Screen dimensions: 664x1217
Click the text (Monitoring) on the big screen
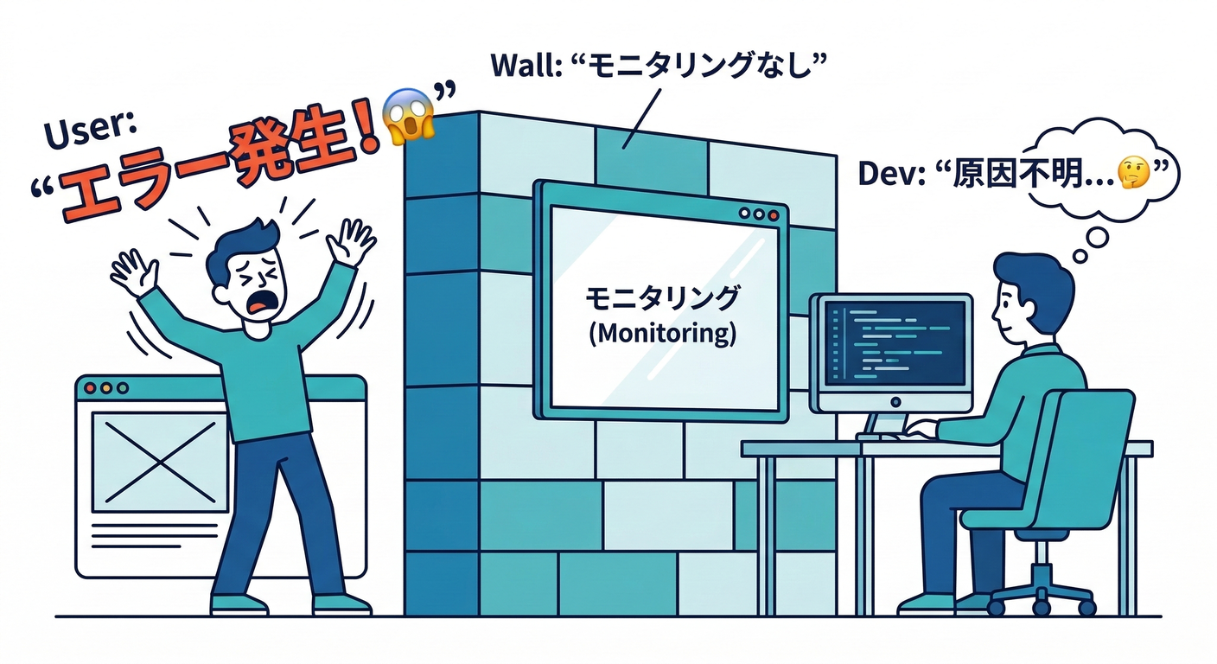(x=662, y=334)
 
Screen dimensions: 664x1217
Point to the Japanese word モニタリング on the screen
(x=662, y=299)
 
